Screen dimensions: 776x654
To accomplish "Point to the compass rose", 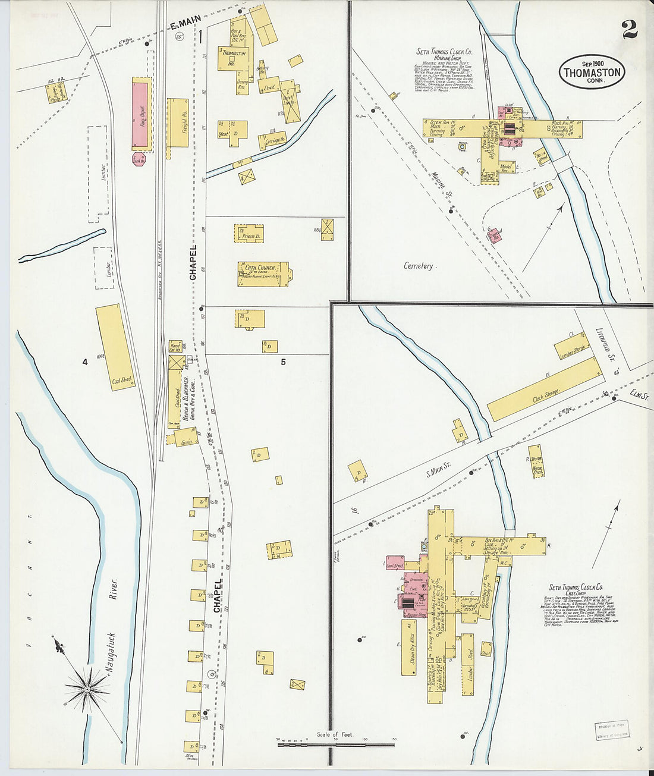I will (87, 689).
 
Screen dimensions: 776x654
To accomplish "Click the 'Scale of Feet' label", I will (335, 734).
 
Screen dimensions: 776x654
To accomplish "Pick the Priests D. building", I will (249, 233).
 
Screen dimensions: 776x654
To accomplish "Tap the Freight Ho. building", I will (178, 123).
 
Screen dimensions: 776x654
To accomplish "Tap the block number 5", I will (283, 361).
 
